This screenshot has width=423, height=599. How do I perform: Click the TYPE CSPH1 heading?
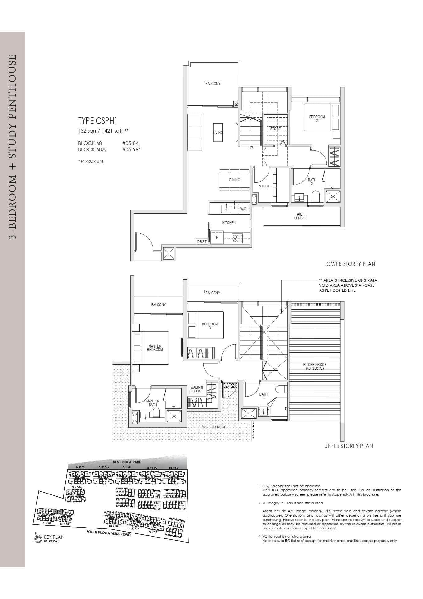click(x=97, y=121)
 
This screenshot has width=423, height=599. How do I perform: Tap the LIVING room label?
click(x=218, y=133)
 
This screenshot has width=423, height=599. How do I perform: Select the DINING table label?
click(x=235, y=180)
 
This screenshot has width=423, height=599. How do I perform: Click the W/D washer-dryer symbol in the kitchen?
click(x=243, y=209)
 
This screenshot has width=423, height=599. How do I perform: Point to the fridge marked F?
click(x=217, y=237)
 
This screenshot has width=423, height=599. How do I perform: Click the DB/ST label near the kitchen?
click(x=202, y=242)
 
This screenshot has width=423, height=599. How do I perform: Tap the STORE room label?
click(x=275, y=129)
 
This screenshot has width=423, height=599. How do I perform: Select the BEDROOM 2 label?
click(x=317, y=119)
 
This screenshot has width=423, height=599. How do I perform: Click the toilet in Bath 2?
click(x=316, y=196)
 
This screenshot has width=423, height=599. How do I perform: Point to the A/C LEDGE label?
click(x=299, y=216)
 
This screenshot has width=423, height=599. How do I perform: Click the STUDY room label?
click(x=264, y=186)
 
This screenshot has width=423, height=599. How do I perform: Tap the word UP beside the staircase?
click(x=250, y=148)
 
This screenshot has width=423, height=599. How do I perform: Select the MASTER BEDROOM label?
click(x=155, y=348)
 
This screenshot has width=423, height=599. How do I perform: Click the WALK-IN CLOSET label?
click(x=197, y=389)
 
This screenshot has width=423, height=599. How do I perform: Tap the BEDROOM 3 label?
click(x=210, y=326)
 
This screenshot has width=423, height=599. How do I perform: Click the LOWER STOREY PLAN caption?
click(x=349, y=264)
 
